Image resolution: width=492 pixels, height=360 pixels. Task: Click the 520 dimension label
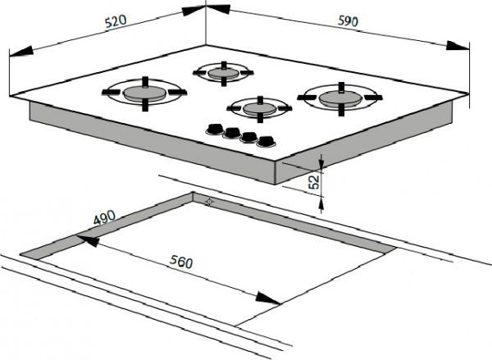116,21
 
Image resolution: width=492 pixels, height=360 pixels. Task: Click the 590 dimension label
348,21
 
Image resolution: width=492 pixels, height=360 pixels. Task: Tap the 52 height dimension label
314,182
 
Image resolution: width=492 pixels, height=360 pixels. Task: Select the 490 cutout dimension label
104,216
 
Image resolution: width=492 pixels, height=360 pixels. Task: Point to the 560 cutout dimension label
181,262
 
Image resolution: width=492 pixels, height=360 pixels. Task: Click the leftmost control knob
215,129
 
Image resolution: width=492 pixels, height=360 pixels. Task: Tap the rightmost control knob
266,142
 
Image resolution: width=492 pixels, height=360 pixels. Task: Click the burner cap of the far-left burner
144,93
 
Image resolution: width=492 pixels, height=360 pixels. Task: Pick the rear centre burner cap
223,73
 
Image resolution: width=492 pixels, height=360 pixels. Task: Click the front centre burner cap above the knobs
259,109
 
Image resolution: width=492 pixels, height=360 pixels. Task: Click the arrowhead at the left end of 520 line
21,52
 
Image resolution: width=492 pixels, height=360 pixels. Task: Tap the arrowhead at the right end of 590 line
458,46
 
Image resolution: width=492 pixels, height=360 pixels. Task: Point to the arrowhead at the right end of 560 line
267,298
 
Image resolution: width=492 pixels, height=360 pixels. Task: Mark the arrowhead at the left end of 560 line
88,240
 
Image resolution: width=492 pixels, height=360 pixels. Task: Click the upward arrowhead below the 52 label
321,203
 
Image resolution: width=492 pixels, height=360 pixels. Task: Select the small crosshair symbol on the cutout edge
209,202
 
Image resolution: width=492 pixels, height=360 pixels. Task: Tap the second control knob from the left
232,133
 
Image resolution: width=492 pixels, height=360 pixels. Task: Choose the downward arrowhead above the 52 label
321,162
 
